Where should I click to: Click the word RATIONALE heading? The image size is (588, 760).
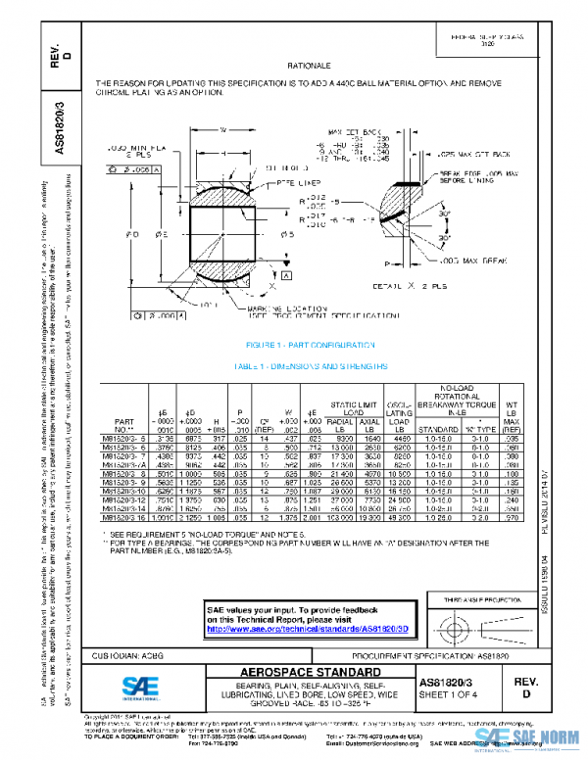[x=305, y=65]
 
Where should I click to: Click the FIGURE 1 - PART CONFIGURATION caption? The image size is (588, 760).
[x=311, y=346]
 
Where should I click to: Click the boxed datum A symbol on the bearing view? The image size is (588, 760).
[x=286, y=277]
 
